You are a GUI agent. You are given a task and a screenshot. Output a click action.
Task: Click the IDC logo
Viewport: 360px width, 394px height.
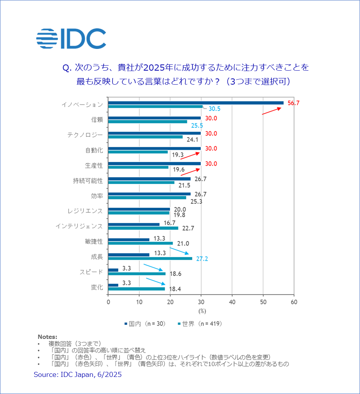point(71,39)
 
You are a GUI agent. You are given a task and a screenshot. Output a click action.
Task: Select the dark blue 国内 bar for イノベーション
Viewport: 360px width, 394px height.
point(196,103)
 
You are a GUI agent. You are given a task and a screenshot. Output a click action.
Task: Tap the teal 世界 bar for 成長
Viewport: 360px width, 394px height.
point(150,259)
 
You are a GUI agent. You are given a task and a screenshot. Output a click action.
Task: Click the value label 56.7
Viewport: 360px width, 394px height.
point(294,103)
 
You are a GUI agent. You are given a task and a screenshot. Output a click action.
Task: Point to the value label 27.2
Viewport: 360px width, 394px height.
point(202,259)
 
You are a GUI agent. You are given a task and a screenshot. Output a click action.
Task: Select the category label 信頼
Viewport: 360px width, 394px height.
point(97,120)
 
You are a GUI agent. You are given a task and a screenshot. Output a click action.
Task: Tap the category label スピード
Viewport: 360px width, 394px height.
point(92,272)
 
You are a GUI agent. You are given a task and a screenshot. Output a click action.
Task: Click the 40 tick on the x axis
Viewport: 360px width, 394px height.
point(232,301)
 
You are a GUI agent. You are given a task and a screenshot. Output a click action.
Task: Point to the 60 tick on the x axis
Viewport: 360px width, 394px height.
point(294,301)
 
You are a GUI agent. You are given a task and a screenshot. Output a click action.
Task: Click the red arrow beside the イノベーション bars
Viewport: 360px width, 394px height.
point(271,111)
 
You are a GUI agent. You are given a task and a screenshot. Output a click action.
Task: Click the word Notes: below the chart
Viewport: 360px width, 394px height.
point(47,337)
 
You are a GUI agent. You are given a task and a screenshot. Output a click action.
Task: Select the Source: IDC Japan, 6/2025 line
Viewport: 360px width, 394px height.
point(78,375)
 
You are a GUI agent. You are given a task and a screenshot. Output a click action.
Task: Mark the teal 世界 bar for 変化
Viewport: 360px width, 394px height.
point(136,289)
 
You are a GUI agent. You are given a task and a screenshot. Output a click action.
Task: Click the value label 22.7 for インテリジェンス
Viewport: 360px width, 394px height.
point(188,228)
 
